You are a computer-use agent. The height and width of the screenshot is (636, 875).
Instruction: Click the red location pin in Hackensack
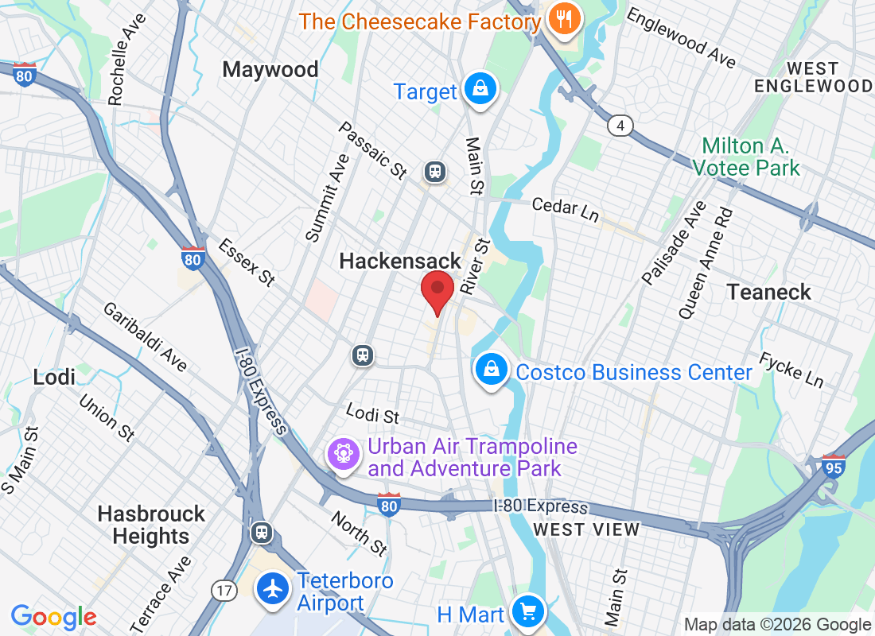[437, 290]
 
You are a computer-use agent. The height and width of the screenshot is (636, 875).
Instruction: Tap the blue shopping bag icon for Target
[480, 89]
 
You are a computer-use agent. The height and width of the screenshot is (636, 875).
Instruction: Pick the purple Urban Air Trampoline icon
[344, 456]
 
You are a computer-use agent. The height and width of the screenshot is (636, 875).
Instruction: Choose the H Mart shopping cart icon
[527, 612]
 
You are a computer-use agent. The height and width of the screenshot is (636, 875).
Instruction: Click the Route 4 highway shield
[620, 126]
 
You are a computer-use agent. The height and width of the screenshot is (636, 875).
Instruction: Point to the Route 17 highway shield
[224, 590]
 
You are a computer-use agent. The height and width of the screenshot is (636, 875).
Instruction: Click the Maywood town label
[270, 70]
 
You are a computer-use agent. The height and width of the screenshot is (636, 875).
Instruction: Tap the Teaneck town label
[768, 293]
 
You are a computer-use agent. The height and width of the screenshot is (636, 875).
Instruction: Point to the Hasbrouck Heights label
[151, 525]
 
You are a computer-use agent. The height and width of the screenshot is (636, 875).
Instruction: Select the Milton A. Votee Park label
[745, 157]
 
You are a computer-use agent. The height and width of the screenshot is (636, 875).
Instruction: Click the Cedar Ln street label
[565, 208]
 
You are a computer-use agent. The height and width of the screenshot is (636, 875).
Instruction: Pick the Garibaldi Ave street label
[145, 336]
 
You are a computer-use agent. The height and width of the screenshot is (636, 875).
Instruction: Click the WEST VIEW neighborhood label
[586, 529]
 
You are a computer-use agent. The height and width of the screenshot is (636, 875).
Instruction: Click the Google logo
[53, 616]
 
